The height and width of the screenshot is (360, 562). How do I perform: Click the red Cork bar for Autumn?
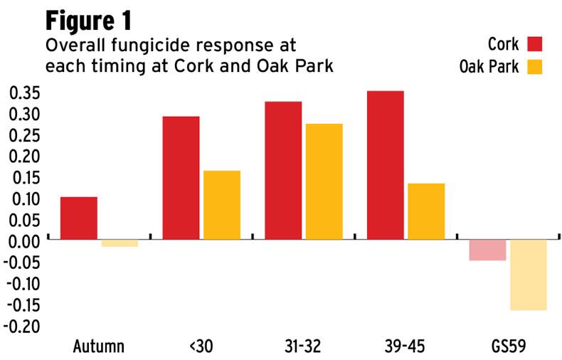point(79,218)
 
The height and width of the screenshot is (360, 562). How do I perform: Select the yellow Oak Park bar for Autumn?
point(120,243)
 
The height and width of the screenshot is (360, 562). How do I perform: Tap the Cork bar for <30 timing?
point(181,178)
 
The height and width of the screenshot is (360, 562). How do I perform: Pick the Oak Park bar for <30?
point(222,205)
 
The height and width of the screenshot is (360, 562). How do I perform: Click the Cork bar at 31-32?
point(283,171)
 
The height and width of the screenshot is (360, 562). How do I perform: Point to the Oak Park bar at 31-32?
point(324,181)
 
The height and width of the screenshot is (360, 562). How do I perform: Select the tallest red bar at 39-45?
point(385,165)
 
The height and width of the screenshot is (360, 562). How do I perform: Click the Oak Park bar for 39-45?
point(426,211)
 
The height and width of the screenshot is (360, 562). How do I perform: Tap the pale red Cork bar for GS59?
point(487,250)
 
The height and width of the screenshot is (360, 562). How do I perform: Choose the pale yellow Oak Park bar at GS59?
point(528,275)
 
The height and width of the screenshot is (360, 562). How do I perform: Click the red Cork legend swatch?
point(534,45)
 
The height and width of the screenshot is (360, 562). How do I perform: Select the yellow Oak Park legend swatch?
point(534,68)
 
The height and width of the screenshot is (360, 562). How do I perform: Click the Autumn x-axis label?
point(99,347)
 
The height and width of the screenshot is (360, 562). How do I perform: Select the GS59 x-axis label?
point(508,347)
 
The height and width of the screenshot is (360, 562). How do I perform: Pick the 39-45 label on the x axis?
point(405,347)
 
